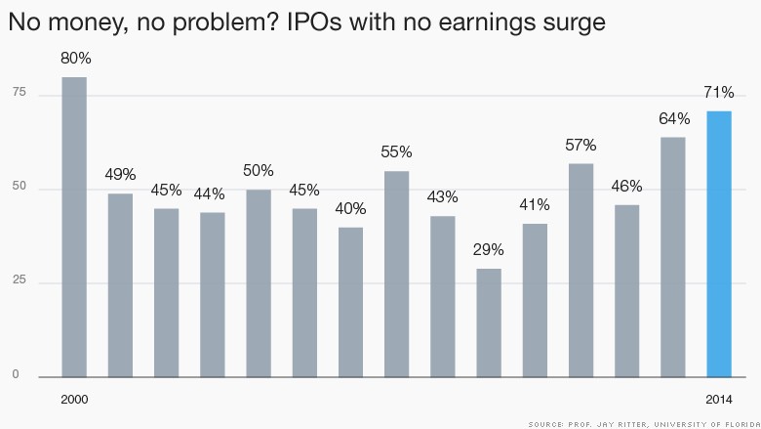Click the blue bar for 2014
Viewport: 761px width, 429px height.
(719, 244)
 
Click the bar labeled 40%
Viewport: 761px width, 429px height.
(350, 302)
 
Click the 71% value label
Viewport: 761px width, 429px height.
(719, 94)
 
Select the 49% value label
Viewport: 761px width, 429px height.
(120, 176)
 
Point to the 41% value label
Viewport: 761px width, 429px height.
(535, 205)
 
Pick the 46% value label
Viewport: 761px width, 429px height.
(626, 187)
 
